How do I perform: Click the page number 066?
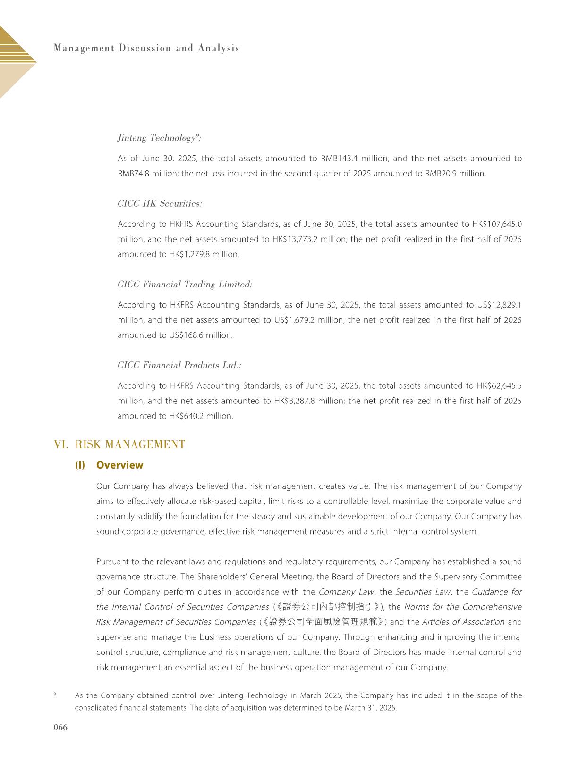61,727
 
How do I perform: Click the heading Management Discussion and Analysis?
146,48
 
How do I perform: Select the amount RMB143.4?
338,159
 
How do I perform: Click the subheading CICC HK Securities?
160,203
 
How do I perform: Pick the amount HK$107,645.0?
497,224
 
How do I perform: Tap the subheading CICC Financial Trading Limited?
185,285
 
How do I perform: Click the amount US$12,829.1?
499,305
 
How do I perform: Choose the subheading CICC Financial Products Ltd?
179,365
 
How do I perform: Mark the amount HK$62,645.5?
499,386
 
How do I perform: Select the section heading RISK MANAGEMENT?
130,444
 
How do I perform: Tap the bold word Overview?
119,465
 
